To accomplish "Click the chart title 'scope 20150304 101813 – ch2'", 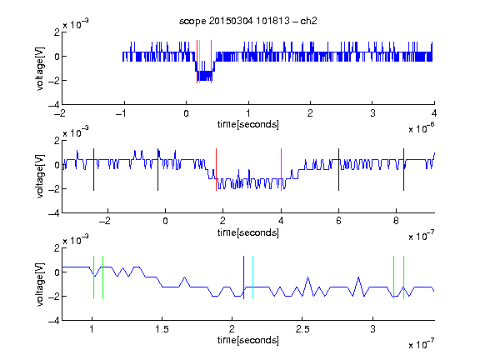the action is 248,21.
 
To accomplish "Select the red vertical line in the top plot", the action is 197,62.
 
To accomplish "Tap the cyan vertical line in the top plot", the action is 200,62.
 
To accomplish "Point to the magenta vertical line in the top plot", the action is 211,62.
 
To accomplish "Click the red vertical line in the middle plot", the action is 216,170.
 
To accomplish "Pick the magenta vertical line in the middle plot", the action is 282,170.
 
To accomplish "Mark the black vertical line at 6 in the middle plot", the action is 339,170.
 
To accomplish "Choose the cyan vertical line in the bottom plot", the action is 252,277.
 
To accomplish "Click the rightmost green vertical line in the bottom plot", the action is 404,277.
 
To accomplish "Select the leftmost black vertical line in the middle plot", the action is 93,170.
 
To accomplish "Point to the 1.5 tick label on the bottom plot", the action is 162,329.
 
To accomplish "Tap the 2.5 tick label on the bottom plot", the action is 302,329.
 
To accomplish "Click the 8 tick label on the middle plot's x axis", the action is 396,221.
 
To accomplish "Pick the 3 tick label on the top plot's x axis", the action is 372,113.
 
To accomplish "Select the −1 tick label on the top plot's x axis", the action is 121,113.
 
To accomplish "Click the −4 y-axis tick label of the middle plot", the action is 54,213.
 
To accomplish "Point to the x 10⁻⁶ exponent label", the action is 422,128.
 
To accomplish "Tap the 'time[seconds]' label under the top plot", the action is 248,124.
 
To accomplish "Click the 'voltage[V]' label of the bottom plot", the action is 40,285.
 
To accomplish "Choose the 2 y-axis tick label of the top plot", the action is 57,32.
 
